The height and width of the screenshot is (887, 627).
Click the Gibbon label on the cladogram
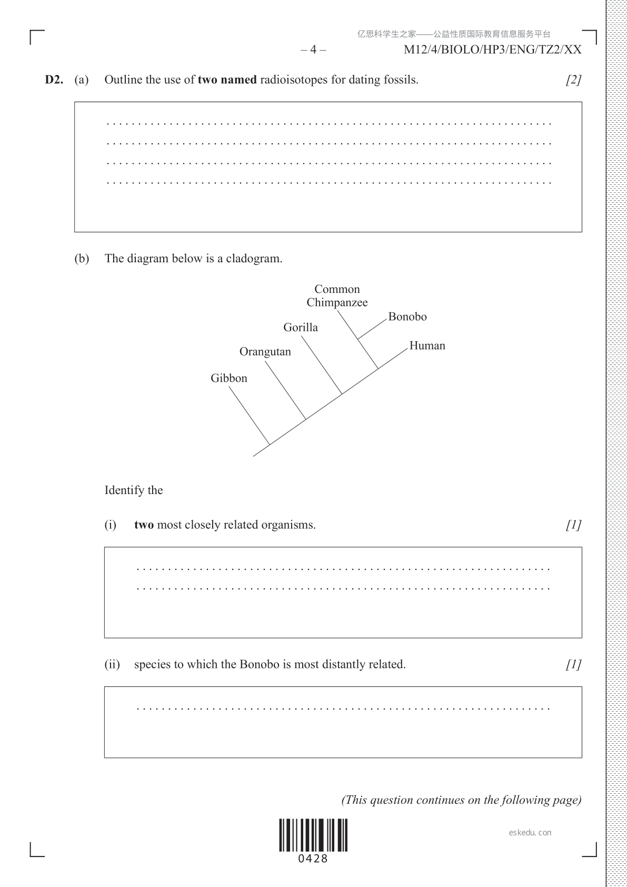pos(229,378)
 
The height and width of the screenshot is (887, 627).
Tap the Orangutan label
pos(265,352)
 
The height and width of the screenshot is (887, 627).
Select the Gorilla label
pos(301,327)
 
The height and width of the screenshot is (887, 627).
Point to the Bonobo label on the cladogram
pos(407,317)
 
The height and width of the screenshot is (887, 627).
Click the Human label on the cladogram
pos(427,346)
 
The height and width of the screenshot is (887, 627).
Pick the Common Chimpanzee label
pos(337,295)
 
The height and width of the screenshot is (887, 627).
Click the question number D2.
pos(54,80)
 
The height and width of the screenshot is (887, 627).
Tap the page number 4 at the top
pos(314,50)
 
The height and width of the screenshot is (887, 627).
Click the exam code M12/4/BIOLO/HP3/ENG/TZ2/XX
pos(492,50)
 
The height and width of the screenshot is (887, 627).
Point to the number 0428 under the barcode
pos(313,859)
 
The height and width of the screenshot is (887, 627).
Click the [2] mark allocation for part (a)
pos(573,80)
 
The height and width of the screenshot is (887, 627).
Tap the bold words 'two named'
pos(227,80)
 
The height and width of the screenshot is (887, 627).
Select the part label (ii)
pos(112,664)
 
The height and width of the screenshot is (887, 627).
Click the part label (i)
pos(111,525)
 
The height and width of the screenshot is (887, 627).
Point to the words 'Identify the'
pos(134,490)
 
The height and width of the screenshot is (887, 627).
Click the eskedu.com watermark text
pos(530,832)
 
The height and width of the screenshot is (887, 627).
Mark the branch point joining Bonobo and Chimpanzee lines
pos(358,339)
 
